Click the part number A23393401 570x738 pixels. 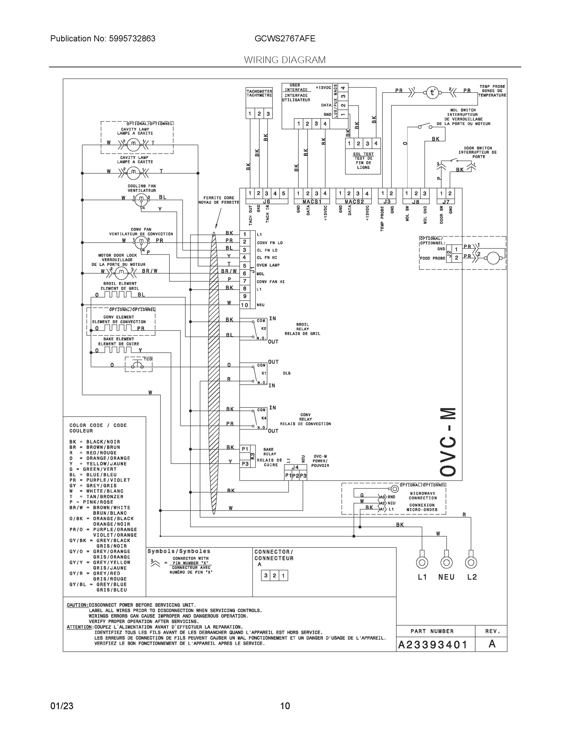(x=433, y=645)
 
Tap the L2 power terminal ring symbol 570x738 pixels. (x=471, y=563)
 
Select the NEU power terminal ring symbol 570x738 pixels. (x=446, y=563)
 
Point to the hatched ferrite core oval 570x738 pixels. (x=214, y=372)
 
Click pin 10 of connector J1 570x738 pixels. (x=245, y=305)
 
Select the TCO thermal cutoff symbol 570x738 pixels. (x=139, y=365)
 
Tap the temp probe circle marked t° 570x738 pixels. (x=432, y=92)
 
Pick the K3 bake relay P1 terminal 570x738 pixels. (x=245, y=449)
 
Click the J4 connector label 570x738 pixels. (x=295, y=467)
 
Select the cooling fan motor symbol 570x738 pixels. (x=141, y=200)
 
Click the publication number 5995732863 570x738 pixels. (x=132, y=38)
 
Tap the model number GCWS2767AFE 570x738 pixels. (x=285, y=38)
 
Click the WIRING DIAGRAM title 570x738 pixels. (x=285, y=60)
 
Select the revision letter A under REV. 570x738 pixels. (x=492, y=644)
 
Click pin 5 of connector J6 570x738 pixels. (x=283, y=194)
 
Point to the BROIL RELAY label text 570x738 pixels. (x=302, y=327)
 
